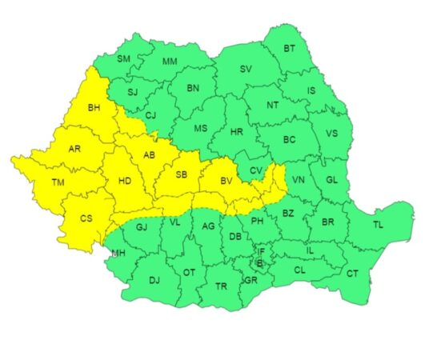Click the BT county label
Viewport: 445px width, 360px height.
click(x=290, y=50)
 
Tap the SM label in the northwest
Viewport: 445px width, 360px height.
click(x=124, y=59)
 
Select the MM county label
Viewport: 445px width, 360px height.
click(x=170, y=62)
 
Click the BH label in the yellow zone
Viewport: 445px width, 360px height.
click(x=94, y=107)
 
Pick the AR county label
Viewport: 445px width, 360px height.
click(x=74, y=149)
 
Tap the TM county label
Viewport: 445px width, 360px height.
click(x=58, y=183)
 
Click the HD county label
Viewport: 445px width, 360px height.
click(x=125, y=182)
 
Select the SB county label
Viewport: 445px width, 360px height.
click(x=181, y=174)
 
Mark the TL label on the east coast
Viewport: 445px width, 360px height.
click(x=378, y=225)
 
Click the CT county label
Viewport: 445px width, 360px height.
click(x=352, y=274)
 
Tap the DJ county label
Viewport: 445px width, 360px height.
click(x=154, y=280)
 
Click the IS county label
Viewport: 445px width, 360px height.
click(x=311, y=91)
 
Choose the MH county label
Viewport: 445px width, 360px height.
click(x=118, y=254)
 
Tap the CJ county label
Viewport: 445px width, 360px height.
click(x=150, y=115)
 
